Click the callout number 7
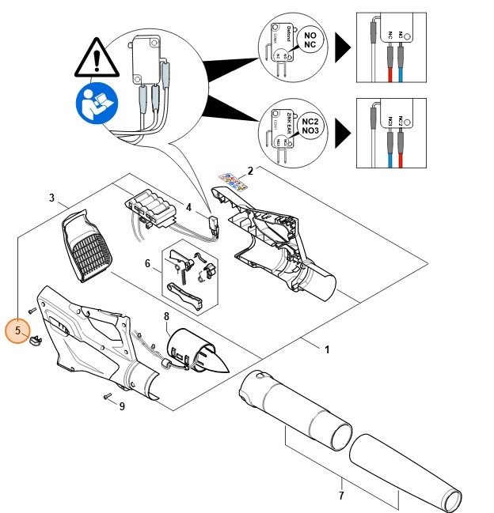coord(340,496)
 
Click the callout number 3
coord(52,198)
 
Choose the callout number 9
coord(122,407)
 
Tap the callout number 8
coord(166,317)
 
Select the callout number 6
coord(147,263)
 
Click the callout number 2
coord(250,171)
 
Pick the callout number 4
coord(189,208)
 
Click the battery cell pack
coord(150,212)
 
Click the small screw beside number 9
coord(106,399)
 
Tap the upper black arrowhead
coord(343,48)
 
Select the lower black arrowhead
coord(343,131)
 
